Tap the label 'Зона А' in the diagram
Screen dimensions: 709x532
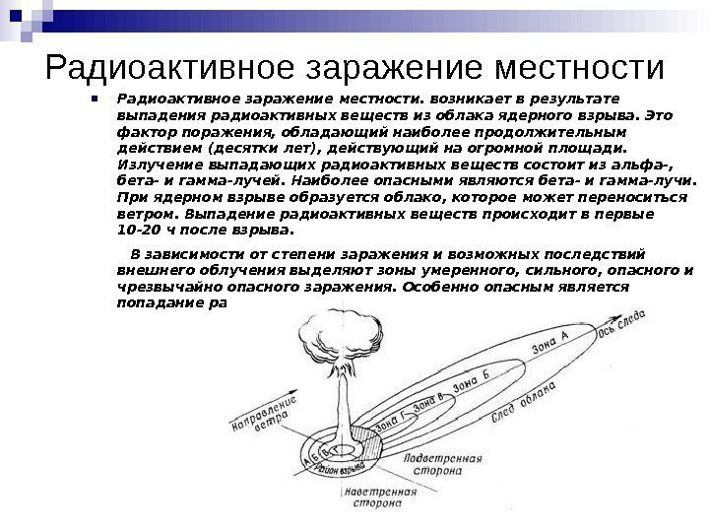(551, 347)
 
